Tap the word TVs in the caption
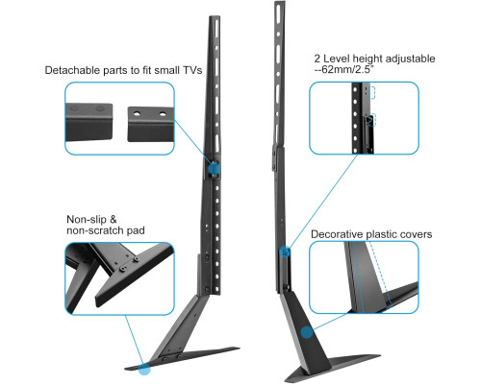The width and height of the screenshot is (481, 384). [192, 70]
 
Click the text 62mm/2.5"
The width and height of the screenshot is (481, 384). [347, 69]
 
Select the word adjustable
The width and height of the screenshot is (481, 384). [410, 59]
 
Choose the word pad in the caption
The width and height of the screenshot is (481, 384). [136, 230]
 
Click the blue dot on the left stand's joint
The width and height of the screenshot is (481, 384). [214, 168]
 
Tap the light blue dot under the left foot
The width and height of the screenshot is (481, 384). [144, 369]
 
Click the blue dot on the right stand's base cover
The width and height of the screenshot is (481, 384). [307, 332]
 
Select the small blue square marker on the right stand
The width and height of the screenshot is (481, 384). [285, 252]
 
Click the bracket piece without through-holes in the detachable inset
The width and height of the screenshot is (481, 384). [89, 122]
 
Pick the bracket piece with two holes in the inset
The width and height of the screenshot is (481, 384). [151, 124]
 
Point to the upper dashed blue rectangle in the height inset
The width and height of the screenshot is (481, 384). [372, 92]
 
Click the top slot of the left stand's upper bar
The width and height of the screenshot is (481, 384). [217, 30]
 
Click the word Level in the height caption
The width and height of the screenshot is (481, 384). [337, 59]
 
